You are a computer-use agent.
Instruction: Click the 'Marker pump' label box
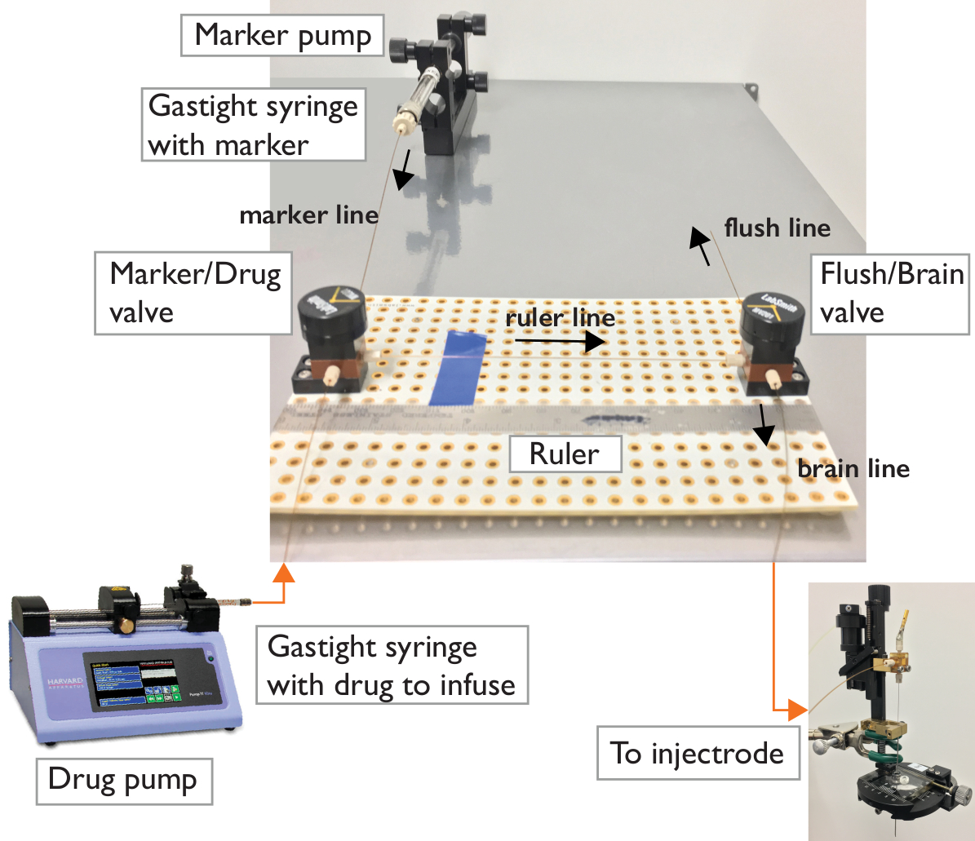(282, 35)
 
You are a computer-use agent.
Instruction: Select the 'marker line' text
(309, 215)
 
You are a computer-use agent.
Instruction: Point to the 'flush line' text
(778, 228)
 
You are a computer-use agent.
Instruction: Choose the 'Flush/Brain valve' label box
(890, 293)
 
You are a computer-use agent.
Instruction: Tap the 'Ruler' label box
(564, 453)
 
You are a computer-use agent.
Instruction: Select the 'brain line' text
(853, 469)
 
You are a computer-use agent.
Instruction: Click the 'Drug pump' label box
(122, 779)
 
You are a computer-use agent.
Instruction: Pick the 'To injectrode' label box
(696, 752)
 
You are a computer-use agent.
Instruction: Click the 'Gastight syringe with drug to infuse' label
(392, 666)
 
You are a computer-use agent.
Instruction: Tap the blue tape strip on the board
(459, 368)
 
